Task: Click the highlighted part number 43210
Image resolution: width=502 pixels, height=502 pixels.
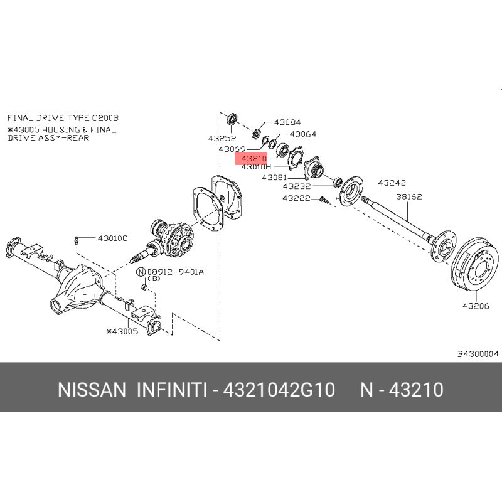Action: coord(254,159)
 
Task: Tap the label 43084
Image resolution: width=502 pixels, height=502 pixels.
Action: coord(287,122)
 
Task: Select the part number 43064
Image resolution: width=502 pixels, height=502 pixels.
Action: coord(303,134)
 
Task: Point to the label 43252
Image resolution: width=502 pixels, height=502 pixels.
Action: coord(222,138)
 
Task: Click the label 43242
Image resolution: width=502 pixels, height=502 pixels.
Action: coord(392,183)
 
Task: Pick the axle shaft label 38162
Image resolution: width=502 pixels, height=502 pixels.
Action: coord(409,196)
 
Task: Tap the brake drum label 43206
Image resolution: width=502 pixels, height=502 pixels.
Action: coord(476,306)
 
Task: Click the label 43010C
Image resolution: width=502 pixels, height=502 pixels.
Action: coord(112,238)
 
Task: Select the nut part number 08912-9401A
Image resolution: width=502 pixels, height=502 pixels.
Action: coord(176,272)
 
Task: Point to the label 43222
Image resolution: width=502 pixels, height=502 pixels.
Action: coord(296,198)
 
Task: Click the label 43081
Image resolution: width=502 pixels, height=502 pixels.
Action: coord(274,178)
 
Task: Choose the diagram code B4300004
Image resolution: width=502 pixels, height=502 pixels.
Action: coord(478,354)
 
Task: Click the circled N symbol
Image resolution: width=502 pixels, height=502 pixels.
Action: coord(141,272)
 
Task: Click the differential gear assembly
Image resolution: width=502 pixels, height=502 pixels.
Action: coord(171,238)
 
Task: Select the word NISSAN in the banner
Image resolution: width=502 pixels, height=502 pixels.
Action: coord(92,390)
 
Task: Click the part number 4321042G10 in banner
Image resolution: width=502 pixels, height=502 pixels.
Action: coord(279,390)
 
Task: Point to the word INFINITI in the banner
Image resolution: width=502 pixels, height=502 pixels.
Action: coord(172,390)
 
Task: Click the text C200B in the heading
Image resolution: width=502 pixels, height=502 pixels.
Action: coord(105,118)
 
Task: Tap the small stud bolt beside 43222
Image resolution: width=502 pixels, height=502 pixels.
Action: coord(323,200)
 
